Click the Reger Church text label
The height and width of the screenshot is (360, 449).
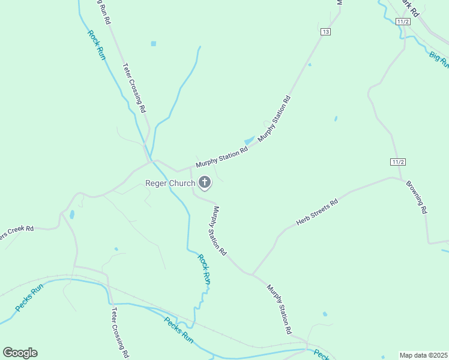click(170, 183)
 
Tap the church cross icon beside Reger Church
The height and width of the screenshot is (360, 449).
click(204, 182)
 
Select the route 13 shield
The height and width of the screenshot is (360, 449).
click(325, 32)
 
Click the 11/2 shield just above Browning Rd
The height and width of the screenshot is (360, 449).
click(398, 162)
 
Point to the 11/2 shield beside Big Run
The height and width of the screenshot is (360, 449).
click(403, 22)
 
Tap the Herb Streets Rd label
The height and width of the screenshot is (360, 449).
click(317, 212)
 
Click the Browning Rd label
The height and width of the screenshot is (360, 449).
click(416, 197)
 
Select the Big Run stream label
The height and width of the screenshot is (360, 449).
click(438, 58)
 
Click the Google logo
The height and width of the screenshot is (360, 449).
click(20, 352)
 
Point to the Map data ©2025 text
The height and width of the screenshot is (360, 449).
click(423, 355)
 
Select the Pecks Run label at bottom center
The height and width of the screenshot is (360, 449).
click(179, 329)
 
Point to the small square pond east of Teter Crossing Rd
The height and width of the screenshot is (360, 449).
click(154, 44)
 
